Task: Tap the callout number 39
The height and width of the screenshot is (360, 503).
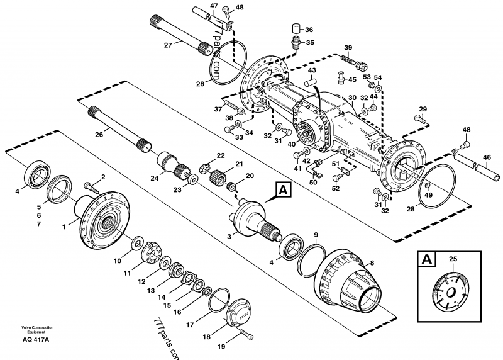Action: pos(348,48)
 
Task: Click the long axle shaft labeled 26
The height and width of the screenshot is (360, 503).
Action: pos(119,129)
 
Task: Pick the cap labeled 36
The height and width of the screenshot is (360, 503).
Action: pos(295,29)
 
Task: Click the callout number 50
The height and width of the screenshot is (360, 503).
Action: pos(313,183)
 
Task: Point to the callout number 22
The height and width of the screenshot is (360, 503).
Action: pos(221,155)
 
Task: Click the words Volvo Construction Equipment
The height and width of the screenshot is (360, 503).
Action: pos(35,329)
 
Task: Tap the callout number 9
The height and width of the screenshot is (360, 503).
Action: pos(314,235)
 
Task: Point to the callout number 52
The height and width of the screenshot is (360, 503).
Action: pos(336,188)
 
